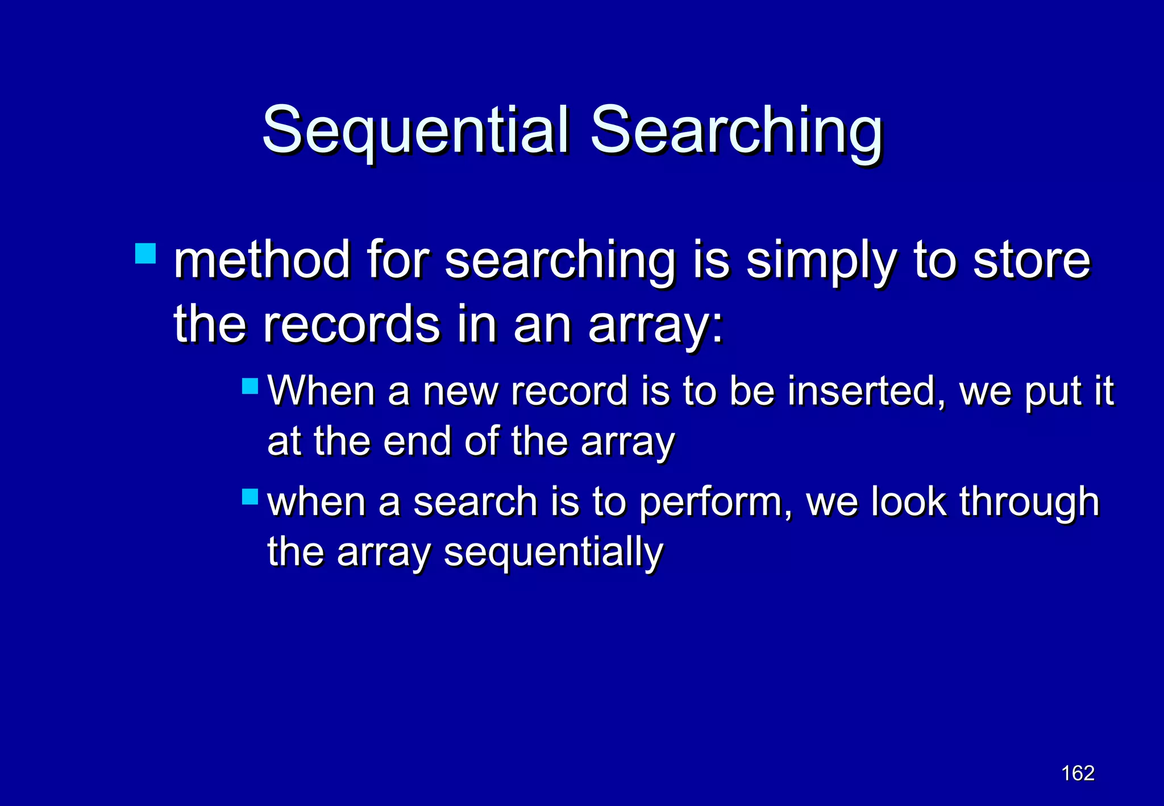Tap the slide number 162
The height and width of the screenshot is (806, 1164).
(1078, 773)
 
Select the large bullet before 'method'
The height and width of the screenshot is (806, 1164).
(145, 254)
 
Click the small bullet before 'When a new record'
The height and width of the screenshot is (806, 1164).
(250, 387)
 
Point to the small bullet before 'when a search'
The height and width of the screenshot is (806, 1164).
(250, 497)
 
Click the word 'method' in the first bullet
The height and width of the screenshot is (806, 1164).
(261, 260)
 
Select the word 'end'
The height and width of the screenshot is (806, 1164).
(417, 441)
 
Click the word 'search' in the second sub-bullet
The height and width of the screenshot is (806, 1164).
(475, 502)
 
